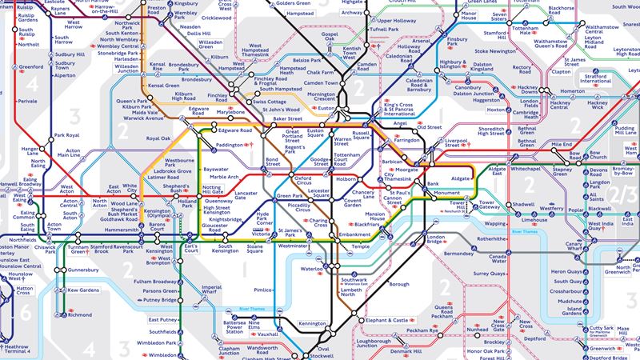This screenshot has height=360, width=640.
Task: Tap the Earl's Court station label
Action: tap(190, 248)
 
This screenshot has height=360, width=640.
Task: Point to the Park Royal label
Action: tap(66, 136)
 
